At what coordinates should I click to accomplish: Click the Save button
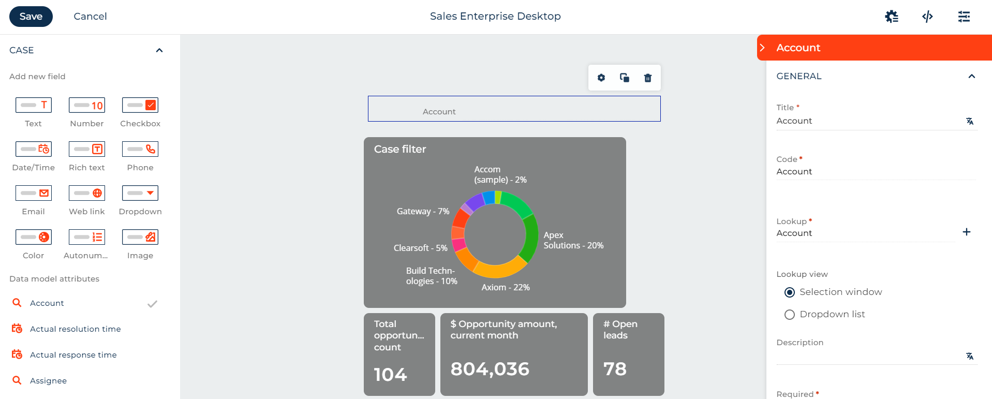[31, 17]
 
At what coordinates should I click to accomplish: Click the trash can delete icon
[648, 78]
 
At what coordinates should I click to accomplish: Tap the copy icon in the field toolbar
[625, 78]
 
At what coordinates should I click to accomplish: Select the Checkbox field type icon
[140, 105]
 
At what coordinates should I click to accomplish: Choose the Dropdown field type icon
[140, 193]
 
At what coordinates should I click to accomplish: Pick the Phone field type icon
[140, 149]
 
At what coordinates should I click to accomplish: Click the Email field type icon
[34, 193]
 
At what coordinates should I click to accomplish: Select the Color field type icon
[34, 237]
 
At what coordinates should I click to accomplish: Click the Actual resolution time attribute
[75, 329]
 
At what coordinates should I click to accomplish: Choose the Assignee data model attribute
[48, 381]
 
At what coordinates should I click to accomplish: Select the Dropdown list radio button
[790, 315]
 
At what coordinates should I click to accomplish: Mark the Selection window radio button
[790, 292]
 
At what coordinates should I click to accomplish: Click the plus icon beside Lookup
[966, 232]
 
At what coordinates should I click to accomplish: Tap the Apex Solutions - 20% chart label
[573, 240]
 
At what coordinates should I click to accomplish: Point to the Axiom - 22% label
[506, 287]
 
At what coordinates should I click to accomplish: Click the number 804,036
[490, 369]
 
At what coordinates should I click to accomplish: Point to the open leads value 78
[615, 369]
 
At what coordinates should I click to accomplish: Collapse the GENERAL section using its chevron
[972, 77]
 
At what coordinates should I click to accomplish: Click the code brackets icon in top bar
[927, 17]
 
